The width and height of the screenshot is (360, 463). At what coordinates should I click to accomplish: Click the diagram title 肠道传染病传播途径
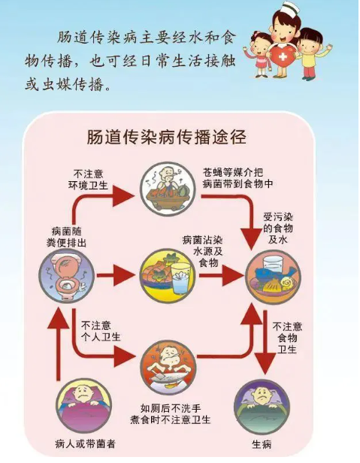[x=167, y=137]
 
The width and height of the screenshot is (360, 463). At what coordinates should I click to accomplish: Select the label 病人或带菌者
[x=85, y=443]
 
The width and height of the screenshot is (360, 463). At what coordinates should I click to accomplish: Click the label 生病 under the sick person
[x=262, y=444]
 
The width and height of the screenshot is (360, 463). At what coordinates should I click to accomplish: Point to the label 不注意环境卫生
[x=88, y=179]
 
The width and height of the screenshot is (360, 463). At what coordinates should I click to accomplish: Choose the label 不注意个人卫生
[x=101, y=331]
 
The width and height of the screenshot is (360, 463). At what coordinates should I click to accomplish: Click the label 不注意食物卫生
[x=287, y=338]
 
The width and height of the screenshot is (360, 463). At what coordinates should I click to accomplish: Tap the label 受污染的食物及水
[x=278, y=228]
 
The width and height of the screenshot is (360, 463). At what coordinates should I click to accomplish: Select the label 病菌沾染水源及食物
[x=203, y=251]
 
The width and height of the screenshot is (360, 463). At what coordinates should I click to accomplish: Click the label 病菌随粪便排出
[x=66, y=237]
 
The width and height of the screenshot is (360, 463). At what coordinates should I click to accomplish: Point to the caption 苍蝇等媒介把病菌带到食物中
[x=237, y=178]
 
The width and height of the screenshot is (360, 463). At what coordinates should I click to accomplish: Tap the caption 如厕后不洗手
[x=171, y=408]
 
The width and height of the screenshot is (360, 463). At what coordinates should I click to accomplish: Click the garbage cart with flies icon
[x=168, y=189]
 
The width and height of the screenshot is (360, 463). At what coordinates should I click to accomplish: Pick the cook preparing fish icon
[x=168, y=367]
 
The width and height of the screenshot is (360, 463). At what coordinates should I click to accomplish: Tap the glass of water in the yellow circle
[x=180, y=278]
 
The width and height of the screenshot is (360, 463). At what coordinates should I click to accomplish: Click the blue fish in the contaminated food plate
[x=277, y=272]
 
